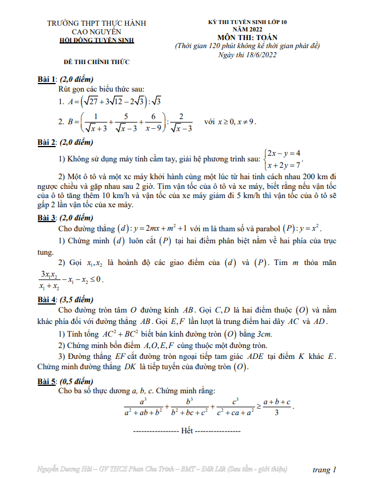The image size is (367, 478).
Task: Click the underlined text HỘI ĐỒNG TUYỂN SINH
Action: pyautogui.click(x=97, y=41)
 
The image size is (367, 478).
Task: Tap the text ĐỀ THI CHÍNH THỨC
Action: pyautogui.click(x=96, y=61)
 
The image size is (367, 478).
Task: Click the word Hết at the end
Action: pyautogui.click(x=186, y=429)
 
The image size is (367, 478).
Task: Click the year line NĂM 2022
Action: pyautogui.click(x=249, y=29)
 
